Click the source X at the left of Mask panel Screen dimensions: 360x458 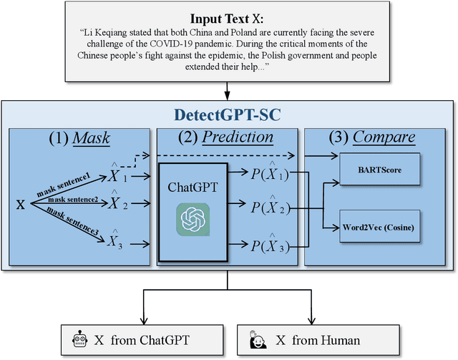[x=21, y=204]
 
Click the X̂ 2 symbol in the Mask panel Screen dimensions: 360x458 [x=115, y=203]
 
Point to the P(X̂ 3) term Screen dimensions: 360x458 [x=267, y=244]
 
